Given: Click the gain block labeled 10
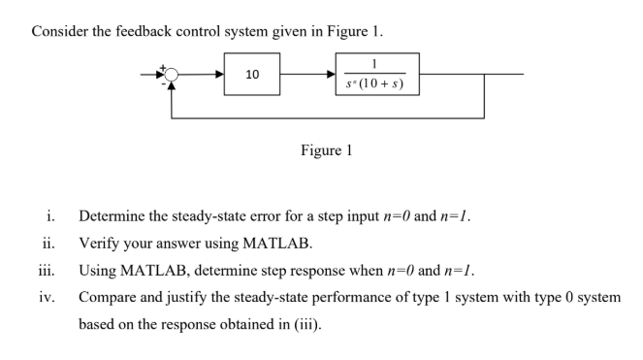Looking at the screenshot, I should tap(252, 74).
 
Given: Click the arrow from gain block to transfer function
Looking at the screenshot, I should tap(307, 74).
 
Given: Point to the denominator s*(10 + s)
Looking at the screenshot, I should tap(374, 83).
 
